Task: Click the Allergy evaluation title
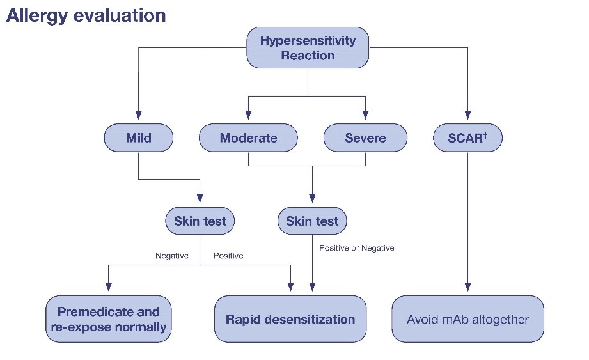tap(86, 15)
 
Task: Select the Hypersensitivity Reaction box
tap(308, 48)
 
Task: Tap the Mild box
tap(139, 138)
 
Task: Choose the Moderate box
tap(248, 138)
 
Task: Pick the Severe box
tap(365, 138)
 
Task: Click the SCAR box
tap(467, 138)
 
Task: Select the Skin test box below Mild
tap(200, 221)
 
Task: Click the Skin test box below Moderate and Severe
tap(312, 221)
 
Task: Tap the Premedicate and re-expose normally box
tap(109, 319)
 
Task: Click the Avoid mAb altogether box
tap(467, 319)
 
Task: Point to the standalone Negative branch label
tap(172, 256)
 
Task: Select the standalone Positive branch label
tap(228, 256)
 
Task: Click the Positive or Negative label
tap(357, 248)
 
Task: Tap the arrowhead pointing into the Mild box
tap(139, 119)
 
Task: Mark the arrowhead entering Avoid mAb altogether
tap(467, 288)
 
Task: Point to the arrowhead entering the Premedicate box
tap(109, 288)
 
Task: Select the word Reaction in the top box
tap(308, 56)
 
